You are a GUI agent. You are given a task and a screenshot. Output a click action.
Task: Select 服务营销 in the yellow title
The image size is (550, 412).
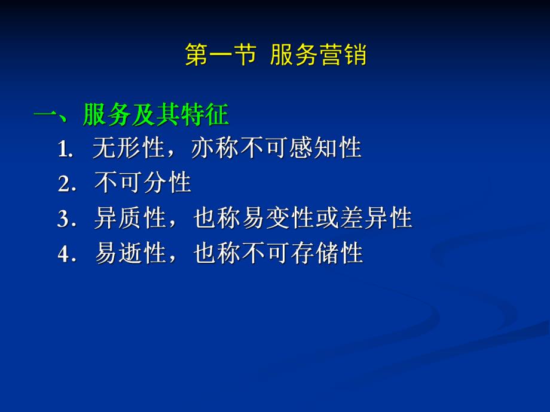[x=318, y=56]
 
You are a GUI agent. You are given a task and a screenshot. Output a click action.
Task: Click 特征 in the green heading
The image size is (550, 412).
[x=204, y=115]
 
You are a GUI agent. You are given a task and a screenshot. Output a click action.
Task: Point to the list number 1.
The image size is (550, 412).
[x=65, y=150]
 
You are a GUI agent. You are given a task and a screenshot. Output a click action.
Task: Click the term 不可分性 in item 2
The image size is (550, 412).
[x=143, y=183]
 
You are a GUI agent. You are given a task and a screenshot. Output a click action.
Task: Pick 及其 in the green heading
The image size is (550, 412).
[x=155, y=115]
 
